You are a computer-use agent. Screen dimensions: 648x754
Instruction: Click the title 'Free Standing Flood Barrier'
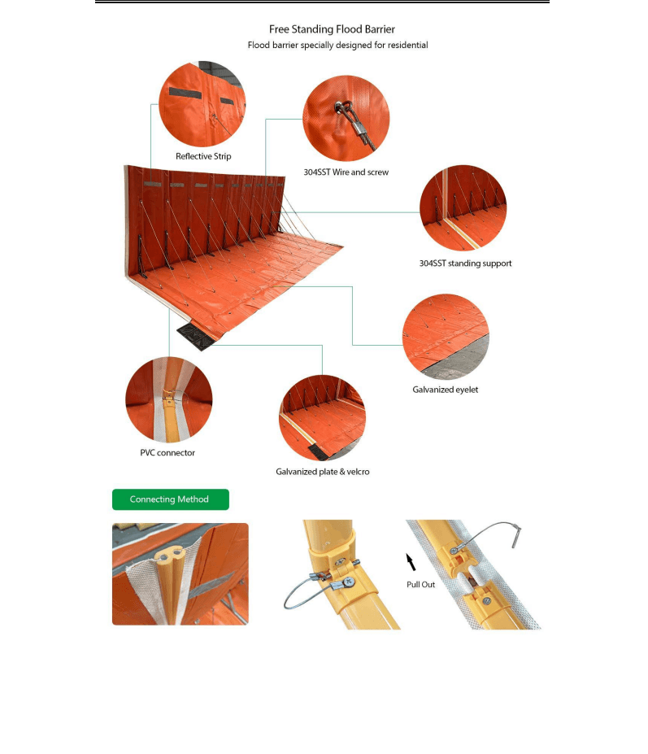[x=332, y=29]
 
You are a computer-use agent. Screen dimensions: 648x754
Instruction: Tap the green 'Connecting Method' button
[x=171, y=499]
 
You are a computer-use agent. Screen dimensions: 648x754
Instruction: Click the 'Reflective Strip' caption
[x=203, y=156]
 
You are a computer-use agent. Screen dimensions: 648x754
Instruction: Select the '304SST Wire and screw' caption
[x=346, y=172]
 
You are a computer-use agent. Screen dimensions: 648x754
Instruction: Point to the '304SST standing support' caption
[x=465, y=264]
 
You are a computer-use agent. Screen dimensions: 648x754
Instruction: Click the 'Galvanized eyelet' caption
[x=445, y=390]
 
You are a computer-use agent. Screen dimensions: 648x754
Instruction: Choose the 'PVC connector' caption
[x=167, y=452]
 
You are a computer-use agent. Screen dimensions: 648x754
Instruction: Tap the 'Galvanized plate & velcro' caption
[x=323, y=472]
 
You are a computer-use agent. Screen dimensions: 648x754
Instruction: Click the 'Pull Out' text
[x=420, y=584]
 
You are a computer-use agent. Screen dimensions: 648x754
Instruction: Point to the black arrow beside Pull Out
[x=411, y=562]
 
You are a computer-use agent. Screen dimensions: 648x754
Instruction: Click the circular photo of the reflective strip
[x=202, y=104]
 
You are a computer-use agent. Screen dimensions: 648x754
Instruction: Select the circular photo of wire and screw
[x=346, y=118]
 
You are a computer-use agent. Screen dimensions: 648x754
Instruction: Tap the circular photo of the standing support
[x=463, y=207]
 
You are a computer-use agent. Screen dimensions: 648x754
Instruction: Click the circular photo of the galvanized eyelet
[x=446, y=337]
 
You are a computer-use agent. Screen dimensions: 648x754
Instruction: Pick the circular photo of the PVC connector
[x=169, y=399]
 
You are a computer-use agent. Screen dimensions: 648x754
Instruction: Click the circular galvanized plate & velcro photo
[x=322, y=418]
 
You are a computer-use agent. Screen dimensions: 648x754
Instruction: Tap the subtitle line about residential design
[x=337, y=46]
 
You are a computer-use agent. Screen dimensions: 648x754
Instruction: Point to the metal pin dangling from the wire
[x=516, y=537]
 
